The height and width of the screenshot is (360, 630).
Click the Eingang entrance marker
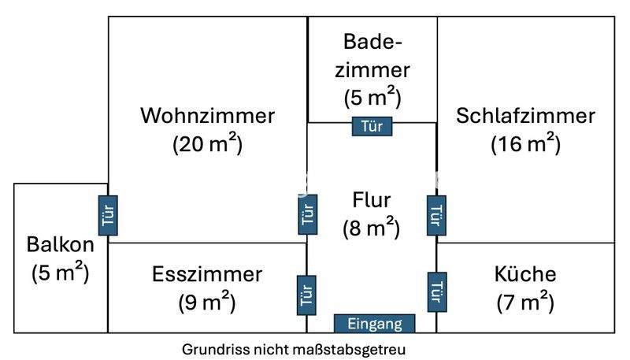[x=374, y=324]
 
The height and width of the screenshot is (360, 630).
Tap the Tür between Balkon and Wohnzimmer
[x=108, y=215]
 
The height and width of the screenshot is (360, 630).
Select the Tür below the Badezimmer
[x=372, y=126]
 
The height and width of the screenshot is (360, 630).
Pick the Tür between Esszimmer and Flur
[x=307, y=295]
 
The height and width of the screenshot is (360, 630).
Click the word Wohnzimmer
[x=208, y=116]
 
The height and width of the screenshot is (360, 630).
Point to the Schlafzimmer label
[x=525, y=116]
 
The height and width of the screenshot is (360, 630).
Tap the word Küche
[x=525, y=274]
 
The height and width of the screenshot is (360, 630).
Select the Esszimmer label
[x=206, y=274]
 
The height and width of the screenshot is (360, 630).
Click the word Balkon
[x=60, y=244]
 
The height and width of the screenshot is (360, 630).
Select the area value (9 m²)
[x=206, y=301]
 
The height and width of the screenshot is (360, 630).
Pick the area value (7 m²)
[x=525, y=301]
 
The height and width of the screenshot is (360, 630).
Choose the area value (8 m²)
[x=372, y=228]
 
